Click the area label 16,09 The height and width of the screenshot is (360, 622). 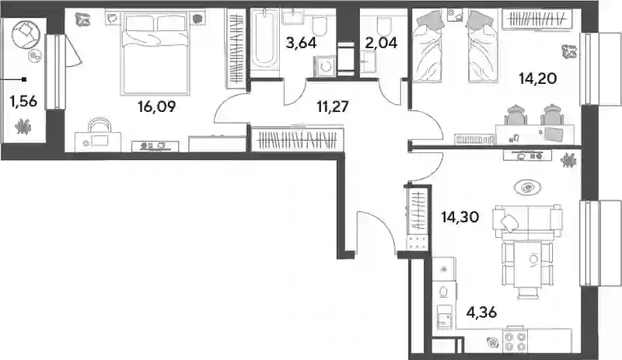pyautogui.click(x=157, y=107)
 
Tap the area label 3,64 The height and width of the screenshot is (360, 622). pyautogui.click(x=301, y=43)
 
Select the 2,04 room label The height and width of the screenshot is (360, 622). pyautogui.click(x=381, y=43)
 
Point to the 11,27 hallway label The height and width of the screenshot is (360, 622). pyautogui.click(x=333, y=107)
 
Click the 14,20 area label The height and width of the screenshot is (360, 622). pyautogui.click(x=538, y=79)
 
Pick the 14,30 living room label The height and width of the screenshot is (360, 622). pyautogui.click(x=460, y=217)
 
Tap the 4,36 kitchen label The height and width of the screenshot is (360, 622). pyautogui.click(x=481, y=313)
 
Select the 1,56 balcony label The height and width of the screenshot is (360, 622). pyautogui.click(x=23, y=102)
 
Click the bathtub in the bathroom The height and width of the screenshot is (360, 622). pyautogui.click(x=265, y=43)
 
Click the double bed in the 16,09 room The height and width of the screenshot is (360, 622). pyautogui.click(x=156, y=53)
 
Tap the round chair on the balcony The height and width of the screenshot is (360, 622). pyautogui.click(x=26, y=33)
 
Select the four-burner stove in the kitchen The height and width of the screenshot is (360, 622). pyautogui.click(x=515, y=342)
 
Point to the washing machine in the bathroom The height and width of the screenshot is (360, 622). pyautogui.click(x=324, y=66)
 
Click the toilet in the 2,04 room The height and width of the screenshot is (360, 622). pyautogui.click(x=383, y=25)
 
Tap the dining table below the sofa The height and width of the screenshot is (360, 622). pyautogui.click(x=527, y=264)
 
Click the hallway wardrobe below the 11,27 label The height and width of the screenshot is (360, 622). pyautogui.click(x=298, y=139)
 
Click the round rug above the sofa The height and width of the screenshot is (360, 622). pyautogui.click(x=526, y=187)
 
